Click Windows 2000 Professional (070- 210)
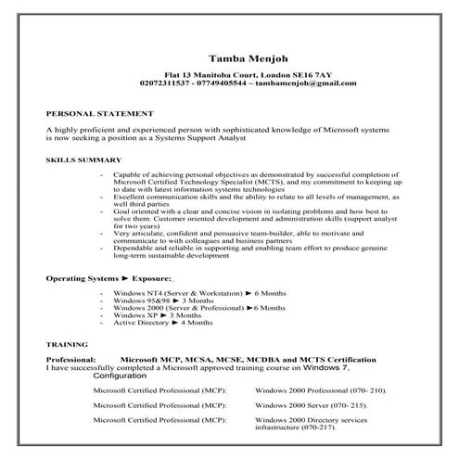tap(319, 391)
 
